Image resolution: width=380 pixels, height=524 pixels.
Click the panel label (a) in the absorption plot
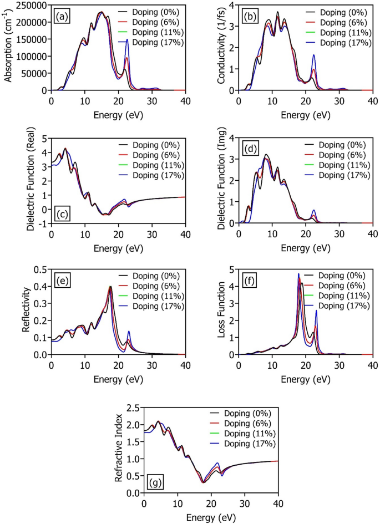[62, 16]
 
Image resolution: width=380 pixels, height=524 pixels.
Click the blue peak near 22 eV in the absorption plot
[127, 40]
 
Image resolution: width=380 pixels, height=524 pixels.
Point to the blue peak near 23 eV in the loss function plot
[316, 311]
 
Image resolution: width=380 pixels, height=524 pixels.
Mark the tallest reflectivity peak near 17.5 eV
[110, 287]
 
